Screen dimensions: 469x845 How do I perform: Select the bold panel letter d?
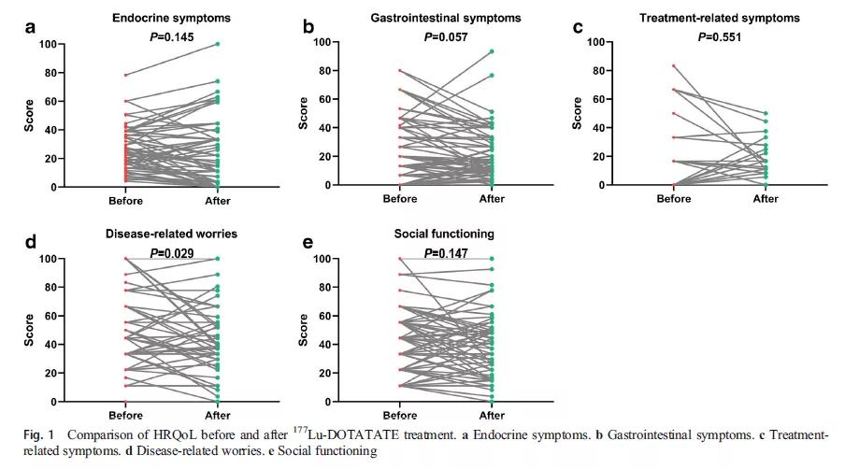pyautogui.click(x=31, y=242)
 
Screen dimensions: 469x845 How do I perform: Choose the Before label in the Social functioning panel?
pyautogui.click(x=400, y=414)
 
